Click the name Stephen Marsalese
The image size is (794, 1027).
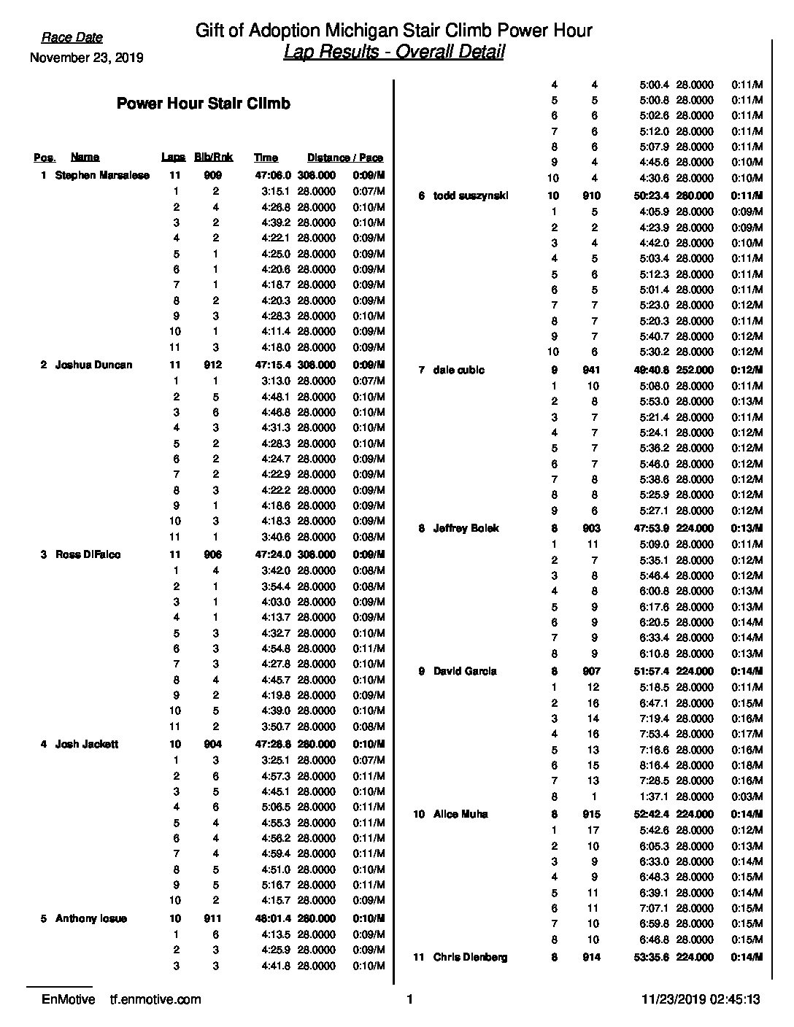(102, 176)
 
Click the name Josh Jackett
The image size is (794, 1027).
(87, 745)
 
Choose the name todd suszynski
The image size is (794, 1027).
(471, 195)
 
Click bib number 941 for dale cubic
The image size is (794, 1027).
(591, 371)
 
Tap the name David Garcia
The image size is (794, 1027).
(465, 671)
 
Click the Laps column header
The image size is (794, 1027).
(173, 158)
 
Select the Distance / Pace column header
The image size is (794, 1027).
(344, 158)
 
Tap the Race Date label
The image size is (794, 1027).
(72, 38)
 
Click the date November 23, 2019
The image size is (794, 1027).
(86, 58)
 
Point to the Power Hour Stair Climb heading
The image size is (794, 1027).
(203, 104)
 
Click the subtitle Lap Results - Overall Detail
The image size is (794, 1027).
(393, 53)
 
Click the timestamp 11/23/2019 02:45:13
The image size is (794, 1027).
(698, 1000)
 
